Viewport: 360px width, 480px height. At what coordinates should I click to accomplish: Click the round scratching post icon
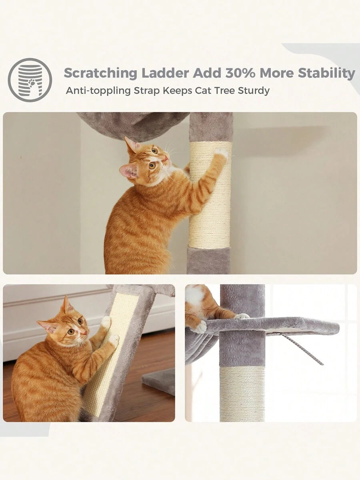[x=30, y=80]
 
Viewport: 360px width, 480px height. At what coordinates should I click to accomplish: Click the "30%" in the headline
[x=240, y=73]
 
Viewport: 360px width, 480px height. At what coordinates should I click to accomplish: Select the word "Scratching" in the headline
[x=100, y=74]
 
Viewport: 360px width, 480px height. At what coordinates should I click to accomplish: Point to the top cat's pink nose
[x=166, y=158]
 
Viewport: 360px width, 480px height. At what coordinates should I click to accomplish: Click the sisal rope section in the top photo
[x=210, y=195]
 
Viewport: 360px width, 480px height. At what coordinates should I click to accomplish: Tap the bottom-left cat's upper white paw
[x=106, y=322]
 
